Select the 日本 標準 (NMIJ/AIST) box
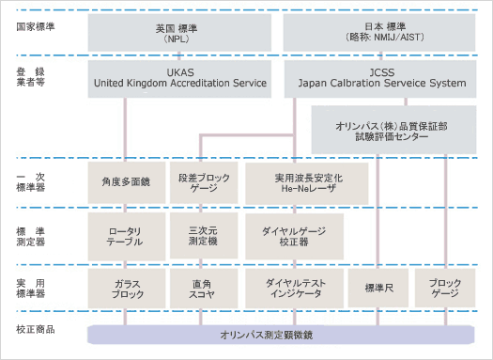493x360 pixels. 381,31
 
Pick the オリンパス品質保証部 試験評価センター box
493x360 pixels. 394,129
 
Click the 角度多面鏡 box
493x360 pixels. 125,181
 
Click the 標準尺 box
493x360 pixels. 377,288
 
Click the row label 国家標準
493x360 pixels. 36,24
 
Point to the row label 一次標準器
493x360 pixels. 34,181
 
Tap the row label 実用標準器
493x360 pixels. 34,287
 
